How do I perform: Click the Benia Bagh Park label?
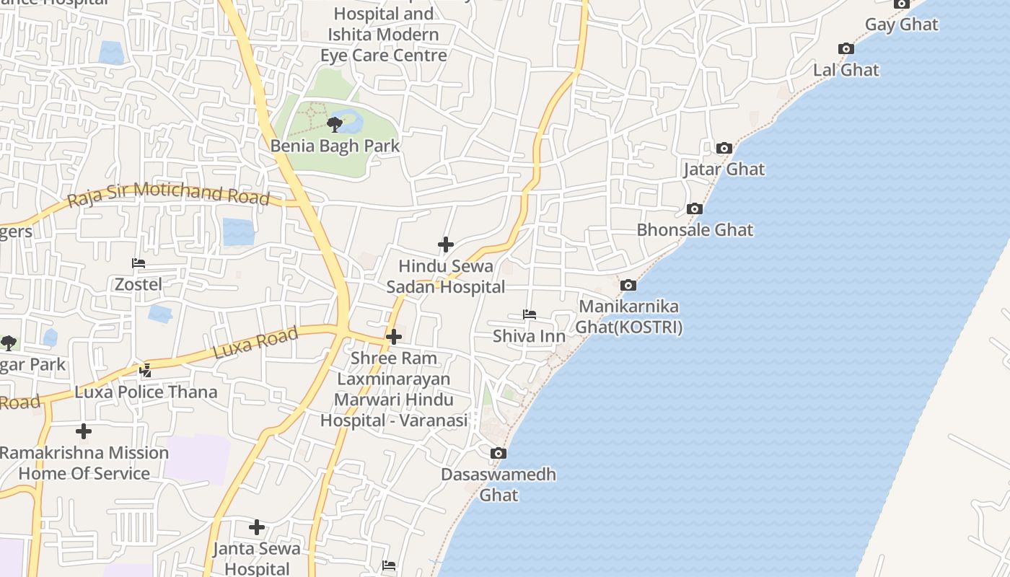[x=335, y=146]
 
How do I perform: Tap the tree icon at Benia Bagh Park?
[x=335, y=125]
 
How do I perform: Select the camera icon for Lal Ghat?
[x=846, y=49]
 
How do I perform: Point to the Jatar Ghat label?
[x=724, y=169]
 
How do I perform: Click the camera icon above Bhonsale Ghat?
[x=695, y=209]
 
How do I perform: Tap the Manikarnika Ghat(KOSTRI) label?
[x=628, y=317]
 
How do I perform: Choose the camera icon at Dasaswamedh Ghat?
[x=498, y=454]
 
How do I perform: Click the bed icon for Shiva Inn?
[x=530, y=314]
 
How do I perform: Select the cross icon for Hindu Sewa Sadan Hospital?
[x=446, y=245]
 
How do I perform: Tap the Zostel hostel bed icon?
[x=139, y=263]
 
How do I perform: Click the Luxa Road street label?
[x=255, y=344]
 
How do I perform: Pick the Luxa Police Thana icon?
[x=146, y=371]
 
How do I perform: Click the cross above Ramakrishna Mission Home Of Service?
[x=84, y=431]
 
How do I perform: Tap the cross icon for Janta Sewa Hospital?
[x=257, y=527]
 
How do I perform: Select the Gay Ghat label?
[x=901, y=25]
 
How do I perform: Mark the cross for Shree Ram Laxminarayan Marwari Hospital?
[x=394, y=337]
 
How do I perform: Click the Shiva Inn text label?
[x=529, y=336]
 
